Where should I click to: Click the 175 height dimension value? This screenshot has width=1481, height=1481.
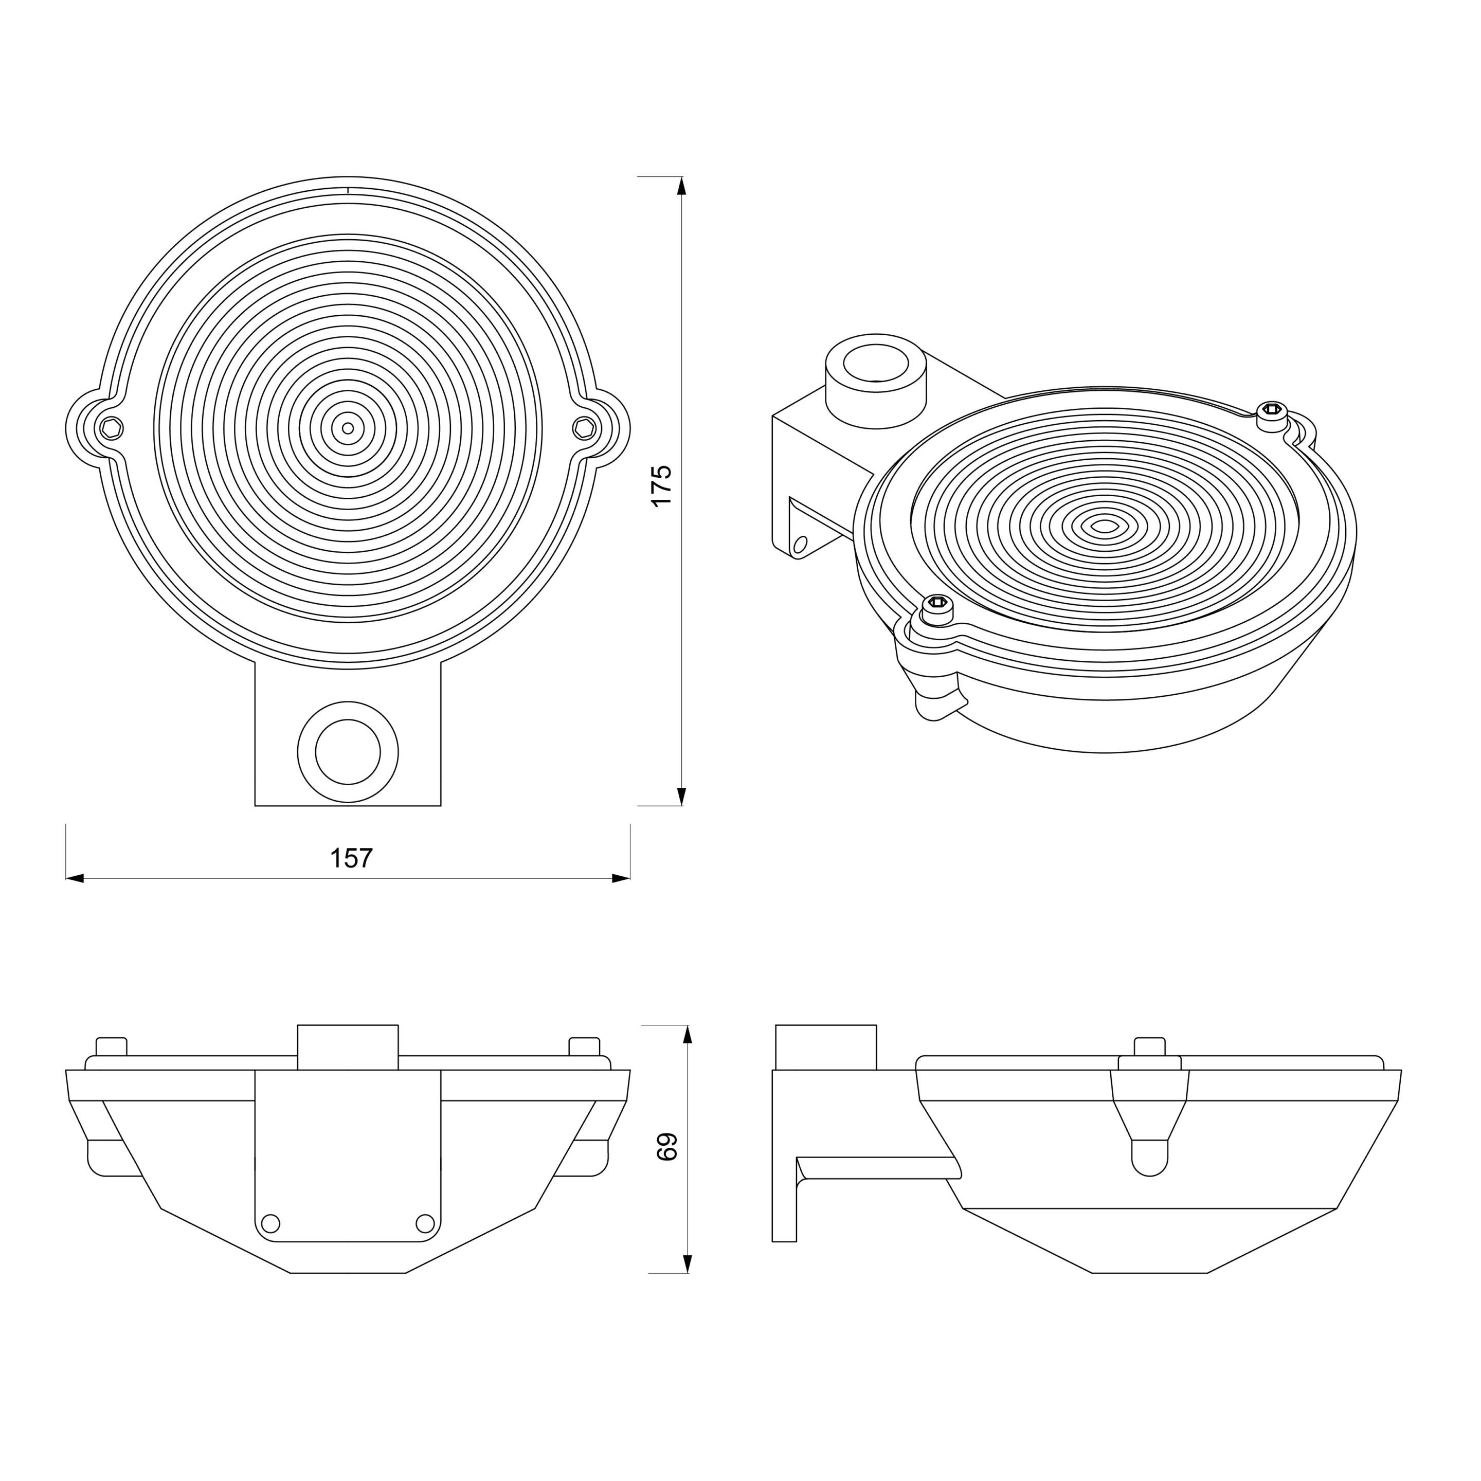tap(661, 485)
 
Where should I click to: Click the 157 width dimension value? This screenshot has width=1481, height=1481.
tap(351, 858)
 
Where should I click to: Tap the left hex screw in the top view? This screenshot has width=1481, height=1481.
tap(112, 428)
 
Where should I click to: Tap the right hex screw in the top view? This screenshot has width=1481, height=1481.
tap(584, 428)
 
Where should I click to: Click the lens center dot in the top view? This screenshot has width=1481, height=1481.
tap(348, 428)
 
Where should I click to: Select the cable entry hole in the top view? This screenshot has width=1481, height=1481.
tap(348, 752)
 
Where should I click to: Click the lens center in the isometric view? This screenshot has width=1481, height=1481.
tap(1105, 526)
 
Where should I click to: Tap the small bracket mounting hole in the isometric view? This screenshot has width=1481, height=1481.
tap(800, 545)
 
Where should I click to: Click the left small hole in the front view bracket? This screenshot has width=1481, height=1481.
tap(270, 1223)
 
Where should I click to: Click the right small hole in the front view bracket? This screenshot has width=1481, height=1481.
tap(425, 1223)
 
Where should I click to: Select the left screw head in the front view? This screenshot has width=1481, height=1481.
tap(111, 1046)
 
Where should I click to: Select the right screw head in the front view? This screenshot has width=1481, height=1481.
tap(585, 1046)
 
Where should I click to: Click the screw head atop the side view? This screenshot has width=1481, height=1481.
tap(1150, 1046)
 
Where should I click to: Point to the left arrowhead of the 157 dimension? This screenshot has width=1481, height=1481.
tap(75, 878)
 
